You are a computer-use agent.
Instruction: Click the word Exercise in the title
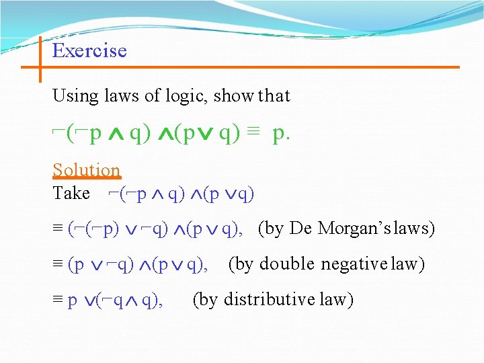point(89,51)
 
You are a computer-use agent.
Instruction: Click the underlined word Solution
point(86,170)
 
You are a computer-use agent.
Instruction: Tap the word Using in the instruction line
point(75,96)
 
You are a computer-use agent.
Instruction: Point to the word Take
point(71,194)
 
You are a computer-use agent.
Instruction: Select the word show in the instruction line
point(233,96)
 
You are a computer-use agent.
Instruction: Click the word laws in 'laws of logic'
point(122,96)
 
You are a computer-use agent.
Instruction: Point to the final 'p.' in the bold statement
point(282,134)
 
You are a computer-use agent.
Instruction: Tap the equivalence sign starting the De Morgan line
point(58,229)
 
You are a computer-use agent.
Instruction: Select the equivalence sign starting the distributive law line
point(58,300)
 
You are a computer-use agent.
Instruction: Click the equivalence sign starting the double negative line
point(58,265)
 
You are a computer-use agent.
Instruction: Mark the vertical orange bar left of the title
point(40,59)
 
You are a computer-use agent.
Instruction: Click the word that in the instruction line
point(274,96)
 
